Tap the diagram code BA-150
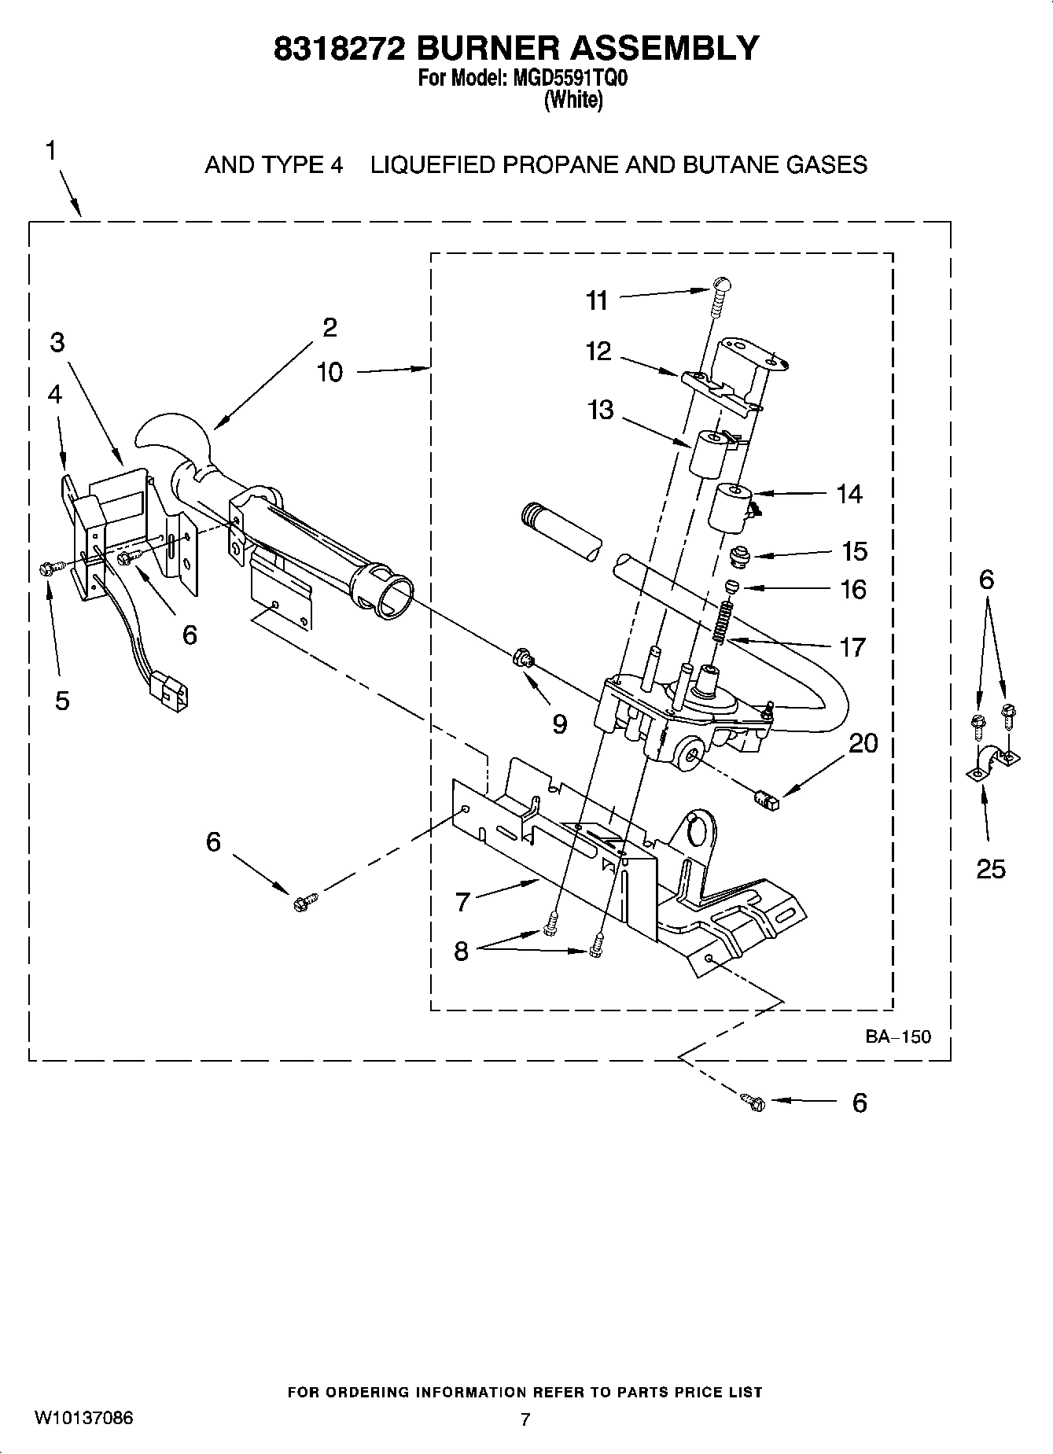[897, 1036]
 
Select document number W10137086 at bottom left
[83, 1418]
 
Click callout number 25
[990, 869]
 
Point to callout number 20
[863, 743]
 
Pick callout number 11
[597, 300]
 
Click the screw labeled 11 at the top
[720, 294]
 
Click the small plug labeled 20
[764, 801]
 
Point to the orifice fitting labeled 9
[522, 657]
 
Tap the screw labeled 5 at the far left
[46, 568]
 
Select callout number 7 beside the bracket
[463, 902]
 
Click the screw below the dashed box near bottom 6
[753, 1102]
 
